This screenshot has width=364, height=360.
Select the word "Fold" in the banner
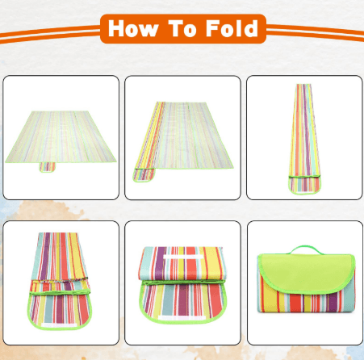[232, 30]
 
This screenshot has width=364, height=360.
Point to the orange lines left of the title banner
[48, 33]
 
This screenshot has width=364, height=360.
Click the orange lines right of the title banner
[315, 33]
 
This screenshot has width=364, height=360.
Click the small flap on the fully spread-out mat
[48, 169]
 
